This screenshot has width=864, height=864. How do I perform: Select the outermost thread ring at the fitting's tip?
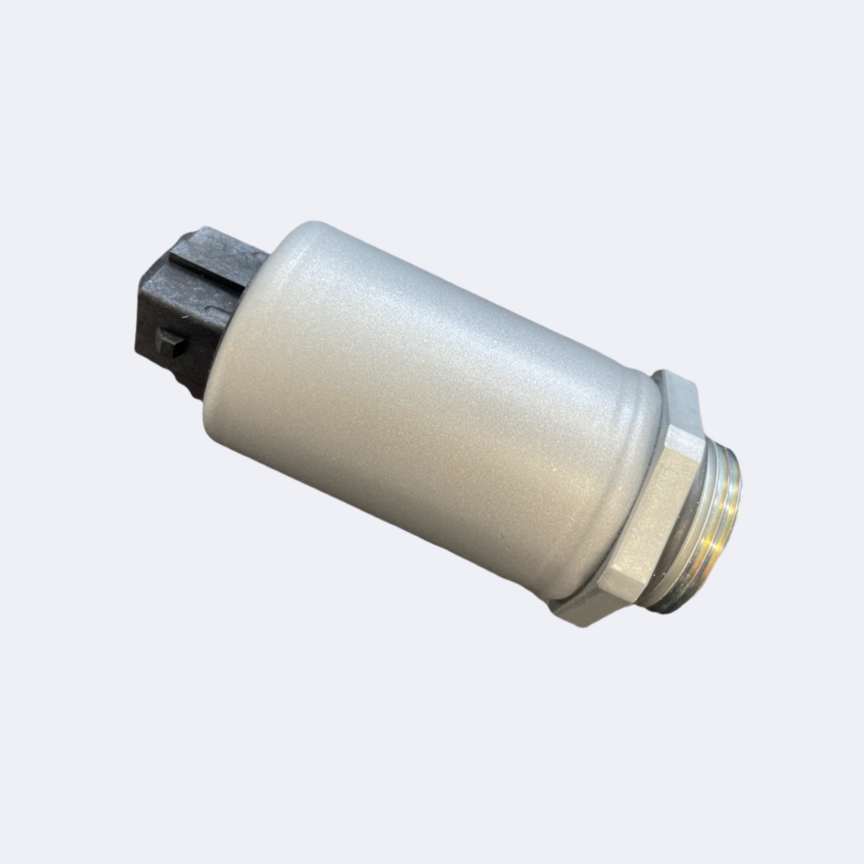coord(735,526)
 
